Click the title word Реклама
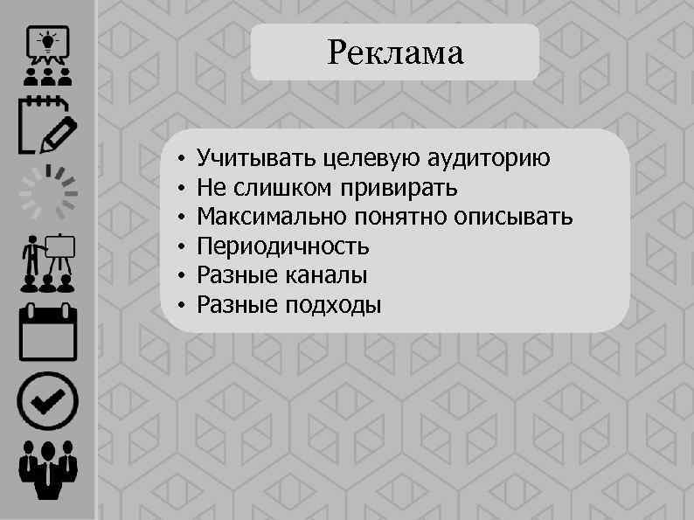395,53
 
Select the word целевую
371,158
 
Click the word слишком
286,188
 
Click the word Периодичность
283,246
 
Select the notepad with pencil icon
46,125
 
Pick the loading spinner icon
48,192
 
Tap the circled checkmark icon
48,401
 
